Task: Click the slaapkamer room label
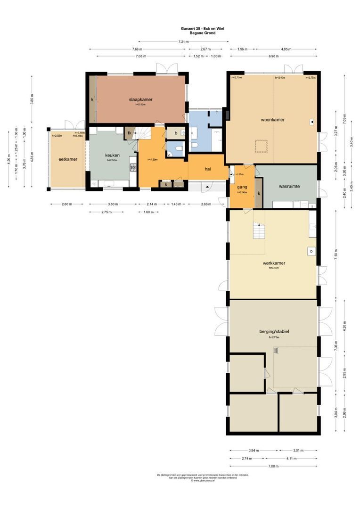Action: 141,99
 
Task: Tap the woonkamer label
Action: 272,120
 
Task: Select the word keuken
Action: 112,155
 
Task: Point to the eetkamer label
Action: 67,159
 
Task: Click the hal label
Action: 207,169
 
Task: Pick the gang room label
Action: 242,187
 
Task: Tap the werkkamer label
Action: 274,263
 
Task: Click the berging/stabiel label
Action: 273,331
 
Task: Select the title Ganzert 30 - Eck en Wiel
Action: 202,29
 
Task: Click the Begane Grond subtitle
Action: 202,33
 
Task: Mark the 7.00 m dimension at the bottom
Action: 273,466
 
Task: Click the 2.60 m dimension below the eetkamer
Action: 66,204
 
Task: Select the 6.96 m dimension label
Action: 274,56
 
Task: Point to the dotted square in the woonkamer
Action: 261,146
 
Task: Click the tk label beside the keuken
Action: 129,133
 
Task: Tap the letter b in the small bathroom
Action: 175,133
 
